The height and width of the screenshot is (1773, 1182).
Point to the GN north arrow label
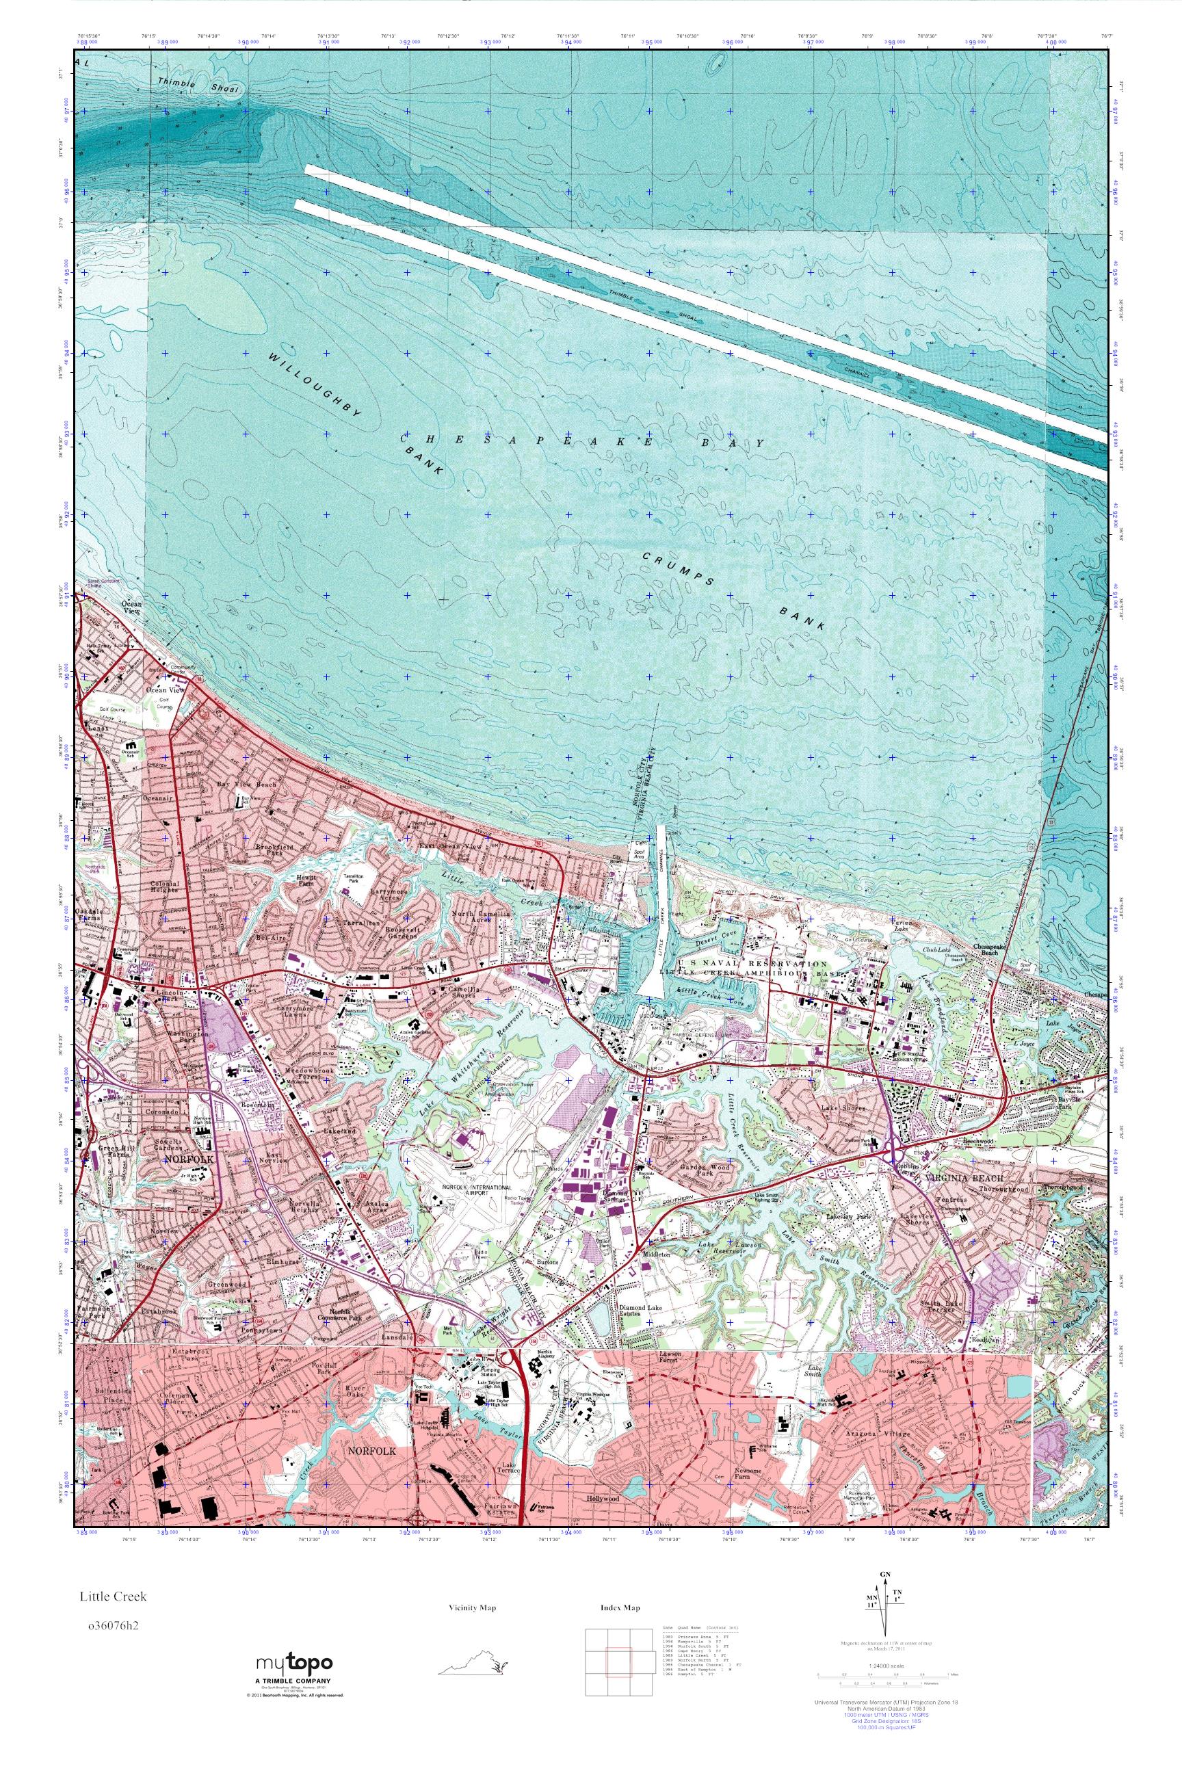(894, 1573)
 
